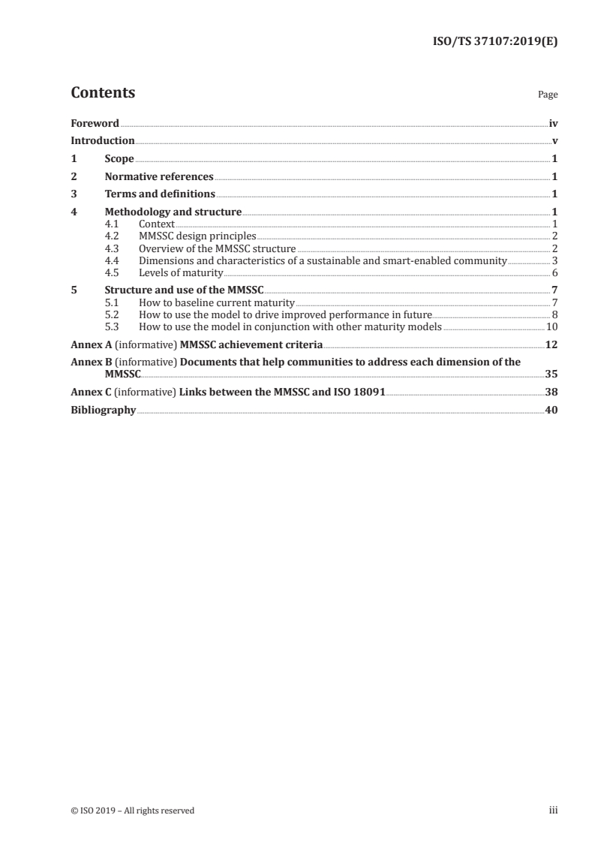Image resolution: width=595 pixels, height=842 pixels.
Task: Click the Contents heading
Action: [x=103, y=93]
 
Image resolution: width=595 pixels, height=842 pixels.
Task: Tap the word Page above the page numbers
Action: [x=548, y=95]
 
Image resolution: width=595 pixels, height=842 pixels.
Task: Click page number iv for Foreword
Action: [x=553, y=124]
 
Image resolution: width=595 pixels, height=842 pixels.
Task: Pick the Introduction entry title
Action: [x=103, y=141]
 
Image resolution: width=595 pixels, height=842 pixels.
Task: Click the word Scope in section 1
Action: [x=119, y=159]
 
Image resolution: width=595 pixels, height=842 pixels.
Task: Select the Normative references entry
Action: [x=159, y=177]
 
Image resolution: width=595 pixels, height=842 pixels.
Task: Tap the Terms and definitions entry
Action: [x=155, y=194]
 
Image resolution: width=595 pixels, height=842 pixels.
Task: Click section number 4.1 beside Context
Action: [x=112, y=224]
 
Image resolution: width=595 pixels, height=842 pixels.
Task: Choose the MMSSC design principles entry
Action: [x=198, y=236]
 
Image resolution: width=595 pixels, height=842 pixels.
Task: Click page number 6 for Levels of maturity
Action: [x=554, y=272]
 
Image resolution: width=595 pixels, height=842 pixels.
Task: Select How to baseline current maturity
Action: [x=217, y=302]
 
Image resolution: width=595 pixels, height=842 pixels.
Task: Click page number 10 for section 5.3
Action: [x=551, y=326]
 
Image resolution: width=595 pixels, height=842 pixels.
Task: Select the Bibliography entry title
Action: [x=104, y=410]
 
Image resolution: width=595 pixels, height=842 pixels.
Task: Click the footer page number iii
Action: [x=553, y=810]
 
